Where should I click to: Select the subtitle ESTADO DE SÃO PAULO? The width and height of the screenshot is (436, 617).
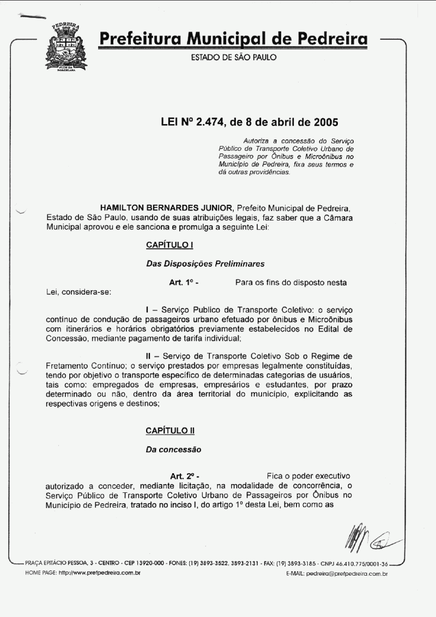click(x=233, y=57)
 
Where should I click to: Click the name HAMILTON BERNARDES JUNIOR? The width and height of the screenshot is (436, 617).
click(x=167, y=209)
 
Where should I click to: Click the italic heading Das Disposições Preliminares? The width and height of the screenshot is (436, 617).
click(x=205, y=264)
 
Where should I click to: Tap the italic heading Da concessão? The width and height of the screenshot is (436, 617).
click(x=173, y=450)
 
